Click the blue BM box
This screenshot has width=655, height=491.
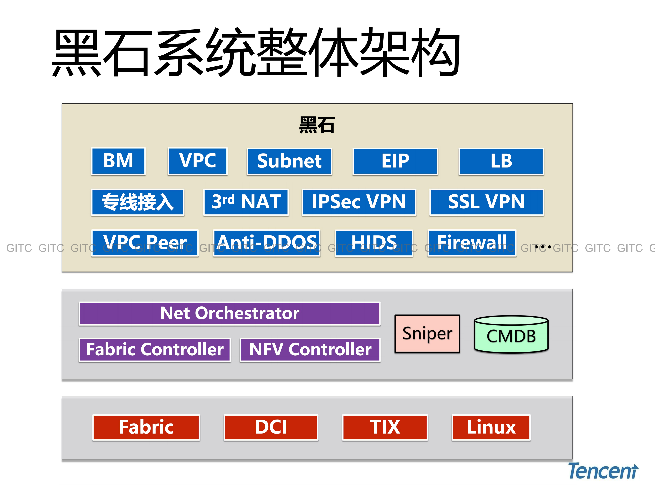tap(118, 161)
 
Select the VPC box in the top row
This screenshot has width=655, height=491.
tap(198, 161)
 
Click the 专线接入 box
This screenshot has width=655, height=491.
tap(138, 202)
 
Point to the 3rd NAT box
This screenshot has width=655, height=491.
tap(246, 202)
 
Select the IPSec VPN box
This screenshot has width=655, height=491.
tap(359, 202)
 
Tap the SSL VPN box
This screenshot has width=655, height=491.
tap(486, 202)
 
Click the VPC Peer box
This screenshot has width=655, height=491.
tap(145, 243)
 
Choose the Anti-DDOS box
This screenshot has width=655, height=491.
tap(267, 243)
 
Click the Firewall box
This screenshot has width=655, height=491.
tap(472, 243)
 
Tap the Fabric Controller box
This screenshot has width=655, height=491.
tap(155, 349)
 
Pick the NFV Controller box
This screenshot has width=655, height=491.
tap(310, 349)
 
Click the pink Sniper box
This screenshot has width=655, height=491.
tap(427, 334)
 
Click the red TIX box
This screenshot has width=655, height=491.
tap(385, 427)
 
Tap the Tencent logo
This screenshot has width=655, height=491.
tap(603, 471)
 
